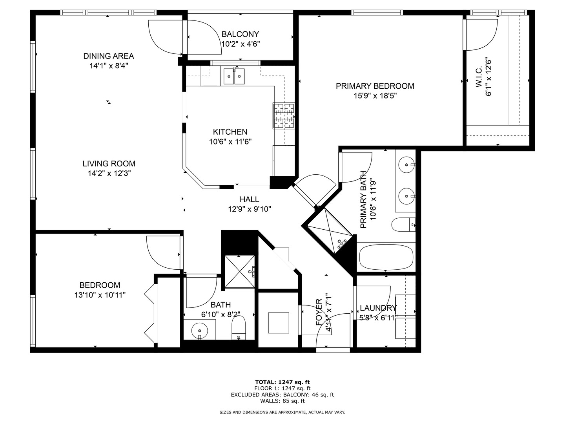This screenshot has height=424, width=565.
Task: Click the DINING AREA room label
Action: click(x=109, y=56)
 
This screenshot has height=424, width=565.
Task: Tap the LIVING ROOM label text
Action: click(x=109, y=164)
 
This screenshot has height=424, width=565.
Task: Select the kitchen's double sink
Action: click(x=234, y=76)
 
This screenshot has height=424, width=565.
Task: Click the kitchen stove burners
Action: click(x=284, y=115)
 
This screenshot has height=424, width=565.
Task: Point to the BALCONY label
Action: click(x=240, y=34)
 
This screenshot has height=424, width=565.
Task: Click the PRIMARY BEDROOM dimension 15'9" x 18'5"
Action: click(x=375, y=96)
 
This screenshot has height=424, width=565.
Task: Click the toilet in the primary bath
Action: click(x=403, y=225)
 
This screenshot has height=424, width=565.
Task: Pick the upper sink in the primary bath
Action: click(x=406, y=164)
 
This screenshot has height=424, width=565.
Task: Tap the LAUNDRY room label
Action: click(x=378, y=308)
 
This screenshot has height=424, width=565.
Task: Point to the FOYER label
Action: click(x=319, y=312)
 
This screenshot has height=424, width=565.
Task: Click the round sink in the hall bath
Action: click(x=199, y=330)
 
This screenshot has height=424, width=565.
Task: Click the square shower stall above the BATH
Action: click(x=239, y=271)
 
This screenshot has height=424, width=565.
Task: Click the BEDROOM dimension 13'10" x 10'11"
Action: click(x=100, y=295)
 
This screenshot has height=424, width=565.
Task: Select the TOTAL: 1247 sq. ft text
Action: click(x=282, y=382)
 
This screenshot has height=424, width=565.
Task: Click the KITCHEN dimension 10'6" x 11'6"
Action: click(x=230, y=142)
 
